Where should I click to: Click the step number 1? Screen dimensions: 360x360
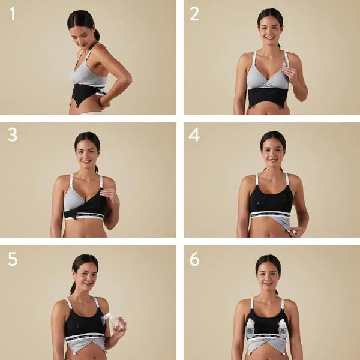click(13, 13)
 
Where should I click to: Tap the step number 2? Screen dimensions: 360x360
click(194, 13)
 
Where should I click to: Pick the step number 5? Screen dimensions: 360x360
click(13, 259)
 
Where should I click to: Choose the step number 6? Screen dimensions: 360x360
click(194, 259)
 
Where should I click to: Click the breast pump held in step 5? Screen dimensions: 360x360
click(111, 321)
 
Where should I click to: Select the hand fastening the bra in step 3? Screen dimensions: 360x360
click(110, 196)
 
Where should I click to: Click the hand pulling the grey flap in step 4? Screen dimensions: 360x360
click(296, 230)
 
